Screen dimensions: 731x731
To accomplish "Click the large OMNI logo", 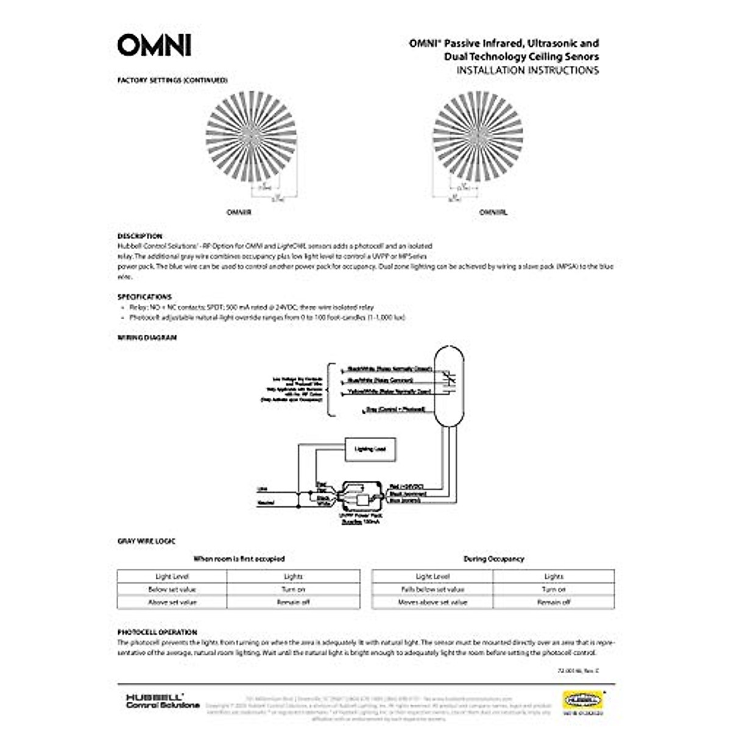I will pyautogui.click(x=154, y=45).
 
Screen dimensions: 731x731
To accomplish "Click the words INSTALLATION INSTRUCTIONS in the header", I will pyautogui.click(x=528, y=70).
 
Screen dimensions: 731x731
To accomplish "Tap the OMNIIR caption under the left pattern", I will pyautogui.click(x=239, y=213).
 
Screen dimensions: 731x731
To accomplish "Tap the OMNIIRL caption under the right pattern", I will pyautogui.click(x=493, y=213).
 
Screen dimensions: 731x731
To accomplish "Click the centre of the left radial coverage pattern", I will pyautogui.click(x=251, y=135).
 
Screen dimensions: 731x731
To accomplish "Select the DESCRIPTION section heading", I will pyautogui.click(x=139, y=236).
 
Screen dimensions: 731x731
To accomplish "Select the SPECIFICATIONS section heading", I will pyautogui.click(x=144, y=297).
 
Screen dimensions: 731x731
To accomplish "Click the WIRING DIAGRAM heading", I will pyautogui.click(x=147, y=337).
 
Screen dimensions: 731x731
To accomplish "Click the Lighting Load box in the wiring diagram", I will pyautogui.click(x=370, y=449).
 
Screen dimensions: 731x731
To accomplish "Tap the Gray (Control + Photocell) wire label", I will pyautogui.click(x=395, y=409).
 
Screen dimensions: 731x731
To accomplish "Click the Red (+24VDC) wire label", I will pyautogui.click(x=406, y=486).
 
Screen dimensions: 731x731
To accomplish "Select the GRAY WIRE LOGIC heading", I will pyautogui.click(x=146, y=541).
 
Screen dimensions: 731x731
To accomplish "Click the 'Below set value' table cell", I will pyautogui.click(x=172, y=589).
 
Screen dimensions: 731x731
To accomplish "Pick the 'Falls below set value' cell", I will pyautogui.click(x=432, y=589).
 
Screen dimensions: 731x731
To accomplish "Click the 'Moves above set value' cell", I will pyautogui.click(x=432, y=602).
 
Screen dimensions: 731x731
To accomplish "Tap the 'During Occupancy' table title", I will pyautogui.click(x=493, y=559).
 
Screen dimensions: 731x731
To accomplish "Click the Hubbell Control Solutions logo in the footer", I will pyautogui.click(x=161, y=701).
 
